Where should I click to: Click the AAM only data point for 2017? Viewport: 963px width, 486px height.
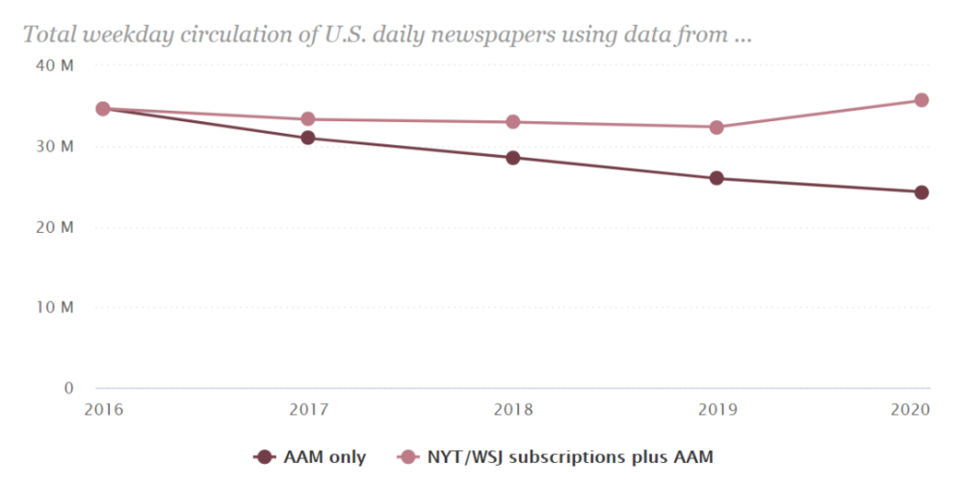(308, 138)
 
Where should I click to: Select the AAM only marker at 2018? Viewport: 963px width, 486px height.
(512, 158)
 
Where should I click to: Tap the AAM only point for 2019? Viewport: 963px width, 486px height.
(716, 178)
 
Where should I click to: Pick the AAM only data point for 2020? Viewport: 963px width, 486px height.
(921, 192)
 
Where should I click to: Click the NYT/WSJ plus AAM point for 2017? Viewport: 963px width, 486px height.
(308, 119)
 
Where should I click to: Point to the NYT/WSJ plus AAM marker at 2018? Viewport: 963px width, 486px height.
(512, 122)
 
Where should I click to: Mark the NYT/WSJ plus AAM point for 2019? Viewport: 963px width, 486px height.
(716, 127)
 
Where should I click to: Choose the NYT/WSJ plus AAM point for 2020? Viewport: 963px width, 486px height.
(921, 100)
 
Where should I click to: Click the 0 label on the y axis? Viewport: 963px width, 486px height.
(68, 388)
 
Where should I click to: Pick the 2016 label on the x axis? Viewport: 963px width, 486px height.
(103, 408)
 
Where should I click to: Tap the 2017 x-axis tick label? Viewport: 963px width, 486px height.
(308, 408)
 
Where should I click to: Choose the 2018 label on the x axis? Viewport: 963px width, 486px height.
(512, 408)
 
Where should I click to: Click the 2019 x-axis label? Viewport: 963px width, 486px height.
(716, 408)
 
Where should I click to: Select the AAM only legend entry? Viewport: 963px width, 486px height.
(310, 457)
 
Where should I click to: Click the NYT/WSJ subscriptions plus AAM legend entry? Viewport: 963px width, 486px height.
(557, 457)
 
